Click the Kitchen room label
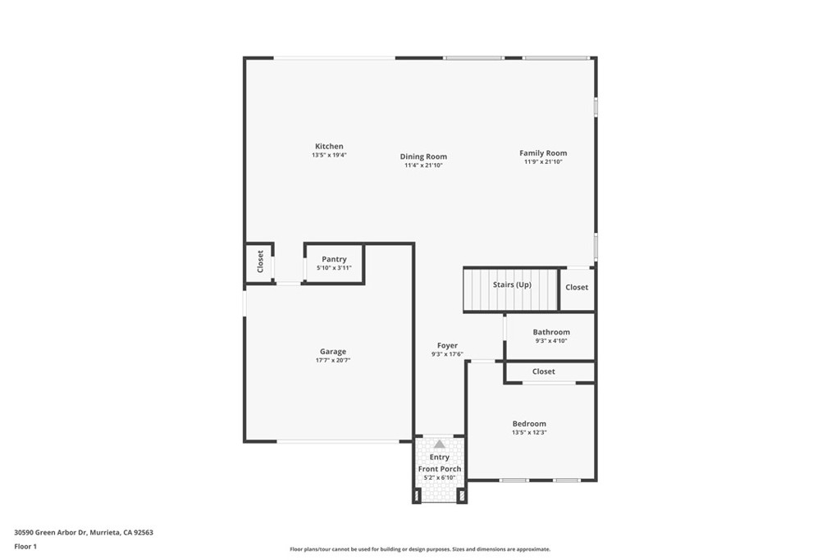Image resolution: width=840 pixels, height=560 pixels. [x=329, y=146]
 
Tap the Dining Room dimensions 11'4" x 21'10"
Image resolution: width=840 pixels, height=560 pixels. [x=423, y=166]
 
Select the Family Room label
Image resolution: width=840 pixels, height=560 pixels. [x=543, y=153]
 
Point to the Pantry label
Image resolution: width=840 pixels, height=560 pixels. [x=335, y=259]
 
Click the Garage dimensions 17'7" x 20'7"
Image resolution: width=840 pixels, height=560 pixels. [x=333, y=360]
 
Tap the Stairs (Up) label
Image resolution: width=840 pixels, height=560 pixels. [x=512, y=285]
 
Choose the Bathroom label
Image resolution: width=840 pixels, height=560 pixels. [x=551, y=332]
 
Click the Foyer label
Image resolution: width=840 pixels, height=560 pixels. [x=447, y=346]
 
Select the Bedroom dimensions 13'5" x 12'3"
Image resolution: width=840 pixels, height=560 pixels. [x=529, y=433]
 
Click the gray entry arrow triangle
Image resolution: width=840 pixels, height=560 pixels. [x=440, y=444]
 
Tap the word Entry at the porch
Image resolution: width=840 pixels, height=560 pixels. [x=440, y=458]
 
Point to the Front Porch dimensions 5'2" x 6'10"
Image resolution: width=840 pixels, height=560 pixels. [x=440, y=477]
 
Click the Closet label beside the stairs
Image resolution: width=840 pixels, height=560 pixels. [x=577, y=288]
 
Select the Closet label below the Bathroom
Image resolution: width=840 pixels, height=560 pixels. [x=544, y=371]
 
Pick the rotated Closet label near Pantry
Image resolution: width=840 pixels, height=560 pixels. [x=260, y=262]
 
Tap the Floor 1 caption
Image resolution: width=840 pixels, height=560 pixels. [x=25, y=547]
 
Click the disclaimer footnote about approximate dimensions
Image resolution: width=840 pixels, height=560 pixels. [x=420, y=549]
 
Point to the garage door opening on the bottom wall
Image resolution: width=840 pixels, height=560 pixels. [x=338, y=442]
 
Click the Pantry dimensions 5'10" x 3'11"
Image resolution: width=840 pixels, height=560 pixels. [x=335, y=267]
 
